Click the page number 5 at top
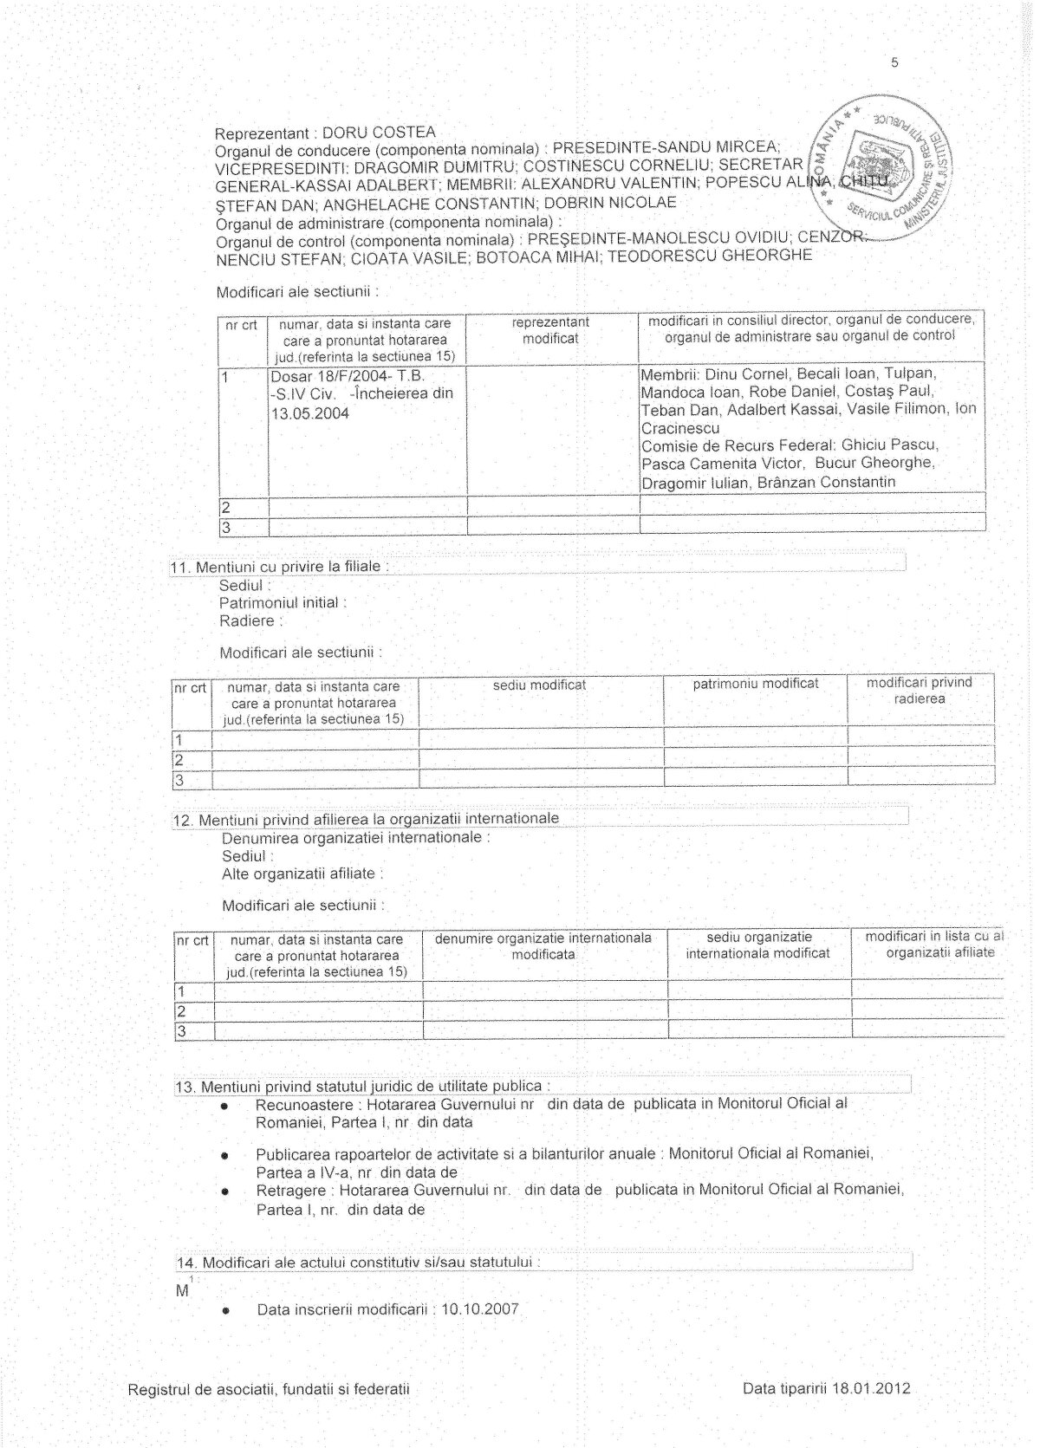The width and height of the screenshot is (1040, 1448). [x=894, y=62]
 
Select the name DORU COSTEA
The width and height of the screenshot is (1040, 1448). [x=379, y=133]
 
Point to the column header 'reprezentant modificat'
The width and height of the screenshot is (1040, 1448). [x=550, y=330]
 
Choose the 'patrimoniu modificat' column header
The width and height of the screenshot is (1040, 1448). [x=755, y=684]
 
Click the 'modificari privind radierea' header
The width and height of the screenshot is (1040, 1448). [x=920, y=691]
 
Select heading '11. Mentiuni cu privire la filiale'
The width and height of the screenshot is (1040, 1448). [x=279, y=567]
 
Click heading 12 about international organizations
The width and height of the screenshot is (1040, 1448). [x=367, y=819]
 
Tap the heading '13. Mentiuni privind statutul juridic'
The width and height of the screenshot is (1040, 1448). [x=361, y=1086]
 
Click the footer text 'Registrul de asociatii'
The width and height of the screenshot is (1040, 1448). [x=268, y=1389]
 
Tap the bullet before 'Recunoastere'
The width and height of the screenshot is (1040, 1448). [x=225, y=1107]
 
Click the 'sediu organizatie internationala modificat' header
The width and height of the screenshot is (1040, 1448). [x=757, y=945]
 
